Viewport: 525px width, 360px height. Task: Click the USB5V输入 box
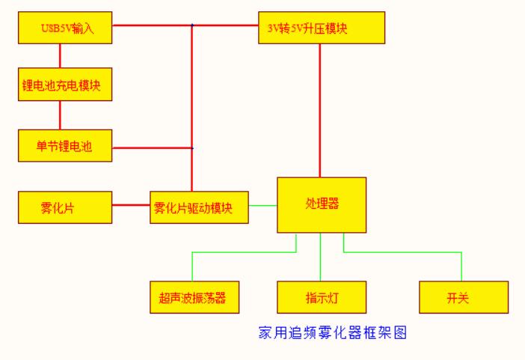(65, 28)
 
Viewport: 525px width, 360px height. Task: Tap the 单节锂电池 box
(65, 146)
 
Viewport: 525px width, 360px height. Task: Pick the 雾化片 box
(65, 207)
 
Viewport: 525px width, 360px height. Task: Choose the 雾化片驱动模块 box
(200, 207)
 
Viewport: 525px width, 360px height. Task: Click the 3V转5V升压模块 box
(322, 28)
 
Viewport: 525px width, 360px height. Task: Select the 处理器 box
(322, 204)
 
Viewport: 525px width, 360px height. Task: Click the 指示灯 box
(322, 297)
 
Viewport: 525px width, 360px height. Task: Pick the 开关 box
(464, 297)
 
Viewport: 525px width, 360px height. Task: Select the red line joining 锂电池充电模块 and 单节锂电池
(60, 115)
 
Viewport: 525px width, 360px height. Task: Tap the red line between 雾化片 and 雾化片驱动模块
(131, 204)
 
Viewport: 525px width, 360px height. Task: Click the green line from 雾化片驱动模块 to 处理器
(263, 204)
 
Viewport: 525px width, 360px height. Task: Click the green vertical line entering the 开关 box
(461, 267)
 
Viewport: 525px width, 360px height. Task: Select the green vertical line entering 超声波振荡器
(193, 267)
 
